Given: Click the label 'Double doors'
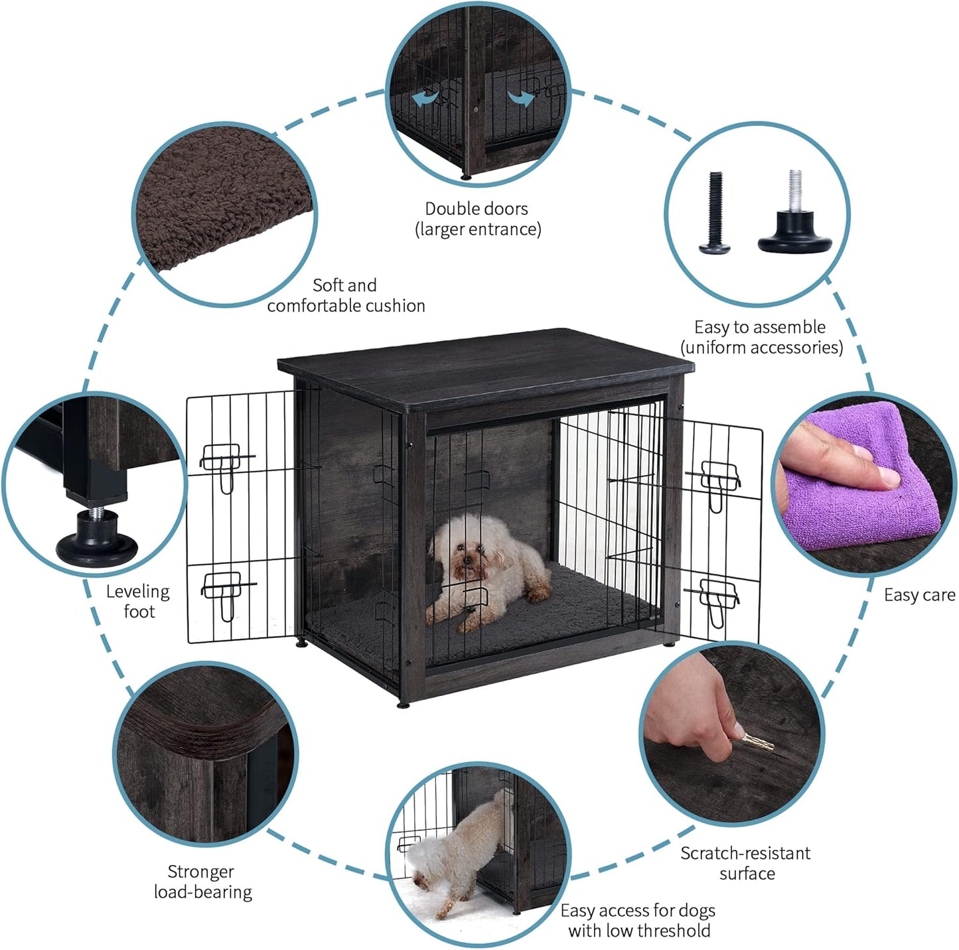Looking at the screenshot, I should tap(477, 209).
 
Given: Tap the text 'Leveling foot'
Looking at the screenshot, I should tap(138, 601).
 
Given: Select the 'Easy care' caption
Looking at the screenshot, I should tap(919, 595).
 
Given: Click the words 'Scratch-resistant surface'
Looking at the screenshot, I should tap(745, 863).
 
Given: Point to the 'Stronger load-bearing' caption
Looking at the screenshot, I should tap(202, 882).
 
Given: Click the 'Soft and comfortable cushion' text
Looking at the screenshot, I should tap(346, 295).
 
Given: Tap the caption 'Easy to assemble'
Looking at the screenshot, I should tap(760, 327).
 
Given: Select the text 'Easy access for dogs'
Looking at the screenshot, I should tap(638, 910).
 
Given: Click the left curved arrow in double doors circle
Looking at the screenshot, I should tap(427, 98).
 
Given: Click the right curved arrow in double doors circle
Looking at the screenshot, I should tap(521, 98).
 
